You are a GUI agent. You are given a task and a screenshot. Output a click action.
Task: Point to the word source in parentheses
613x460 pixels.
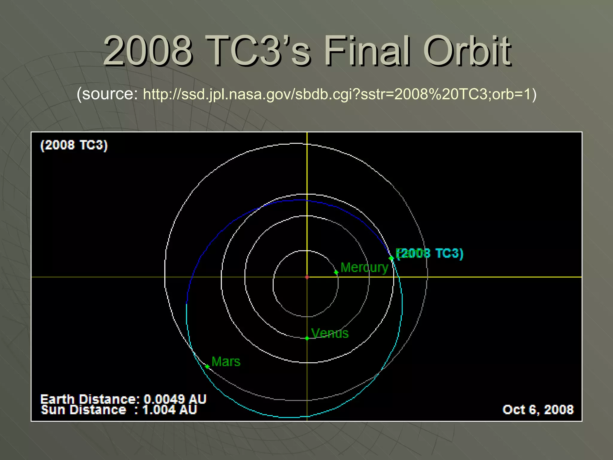109,94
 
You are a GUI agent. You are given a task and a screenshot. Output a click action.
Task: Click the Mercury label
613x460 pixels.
364,267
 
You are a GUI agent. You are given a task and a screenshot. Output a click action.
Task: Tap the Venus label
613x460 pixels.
330,333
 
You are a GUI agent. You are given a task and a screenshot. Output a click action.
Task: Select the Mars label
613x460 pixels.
226,362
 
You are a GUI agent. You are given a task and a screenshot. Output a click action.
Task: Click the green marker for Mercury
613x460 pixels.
336,272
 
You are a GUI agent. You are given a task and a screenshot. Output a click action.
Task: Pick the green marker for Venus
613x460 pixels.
307,338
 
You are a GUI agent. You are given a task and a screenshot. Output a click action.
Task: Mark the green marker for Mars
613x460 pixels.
207,367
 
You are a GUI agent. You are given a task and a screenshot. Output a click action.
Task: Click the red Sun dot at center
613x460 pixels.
307,277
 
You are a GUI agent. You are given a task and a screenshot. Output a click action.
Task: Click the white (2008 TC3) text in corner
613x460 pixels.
74,145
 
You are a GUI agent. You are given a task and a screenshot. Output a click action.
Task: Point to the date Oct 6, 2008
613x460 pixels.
538,409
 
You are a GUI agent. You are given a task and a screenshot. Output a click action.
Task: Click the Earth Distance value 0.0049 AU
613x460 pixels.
175,399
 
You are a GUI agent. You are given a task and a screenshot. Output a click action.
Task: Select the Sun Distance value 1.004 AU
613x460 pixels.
169,410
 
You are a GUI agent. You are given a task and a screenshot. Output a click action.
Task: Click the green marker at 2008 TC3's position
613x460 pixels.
391,258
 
